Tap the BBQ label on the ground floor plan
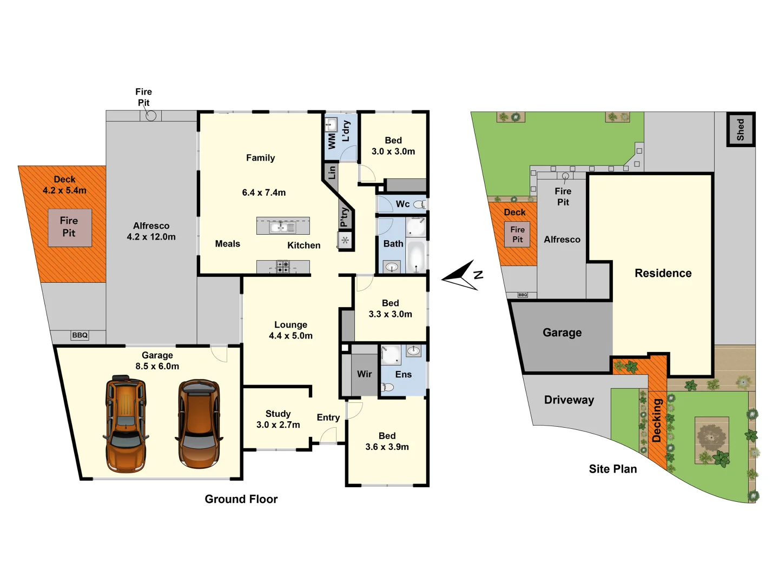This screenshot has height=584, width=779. tap(80, 335)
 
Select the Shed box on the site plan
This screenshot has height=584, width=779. tap(740, 130)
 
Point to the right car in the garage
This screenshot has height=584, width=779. tap(199, 423)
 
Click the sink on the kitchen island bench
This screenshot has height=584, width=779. tap(282, 227)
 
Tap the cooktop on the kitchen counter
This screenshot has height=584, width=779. tap(283, 267)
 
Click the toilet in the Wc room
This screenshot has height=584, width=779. tap(419, 204)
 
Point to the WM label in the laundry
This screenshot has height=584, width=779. tap(332, 141)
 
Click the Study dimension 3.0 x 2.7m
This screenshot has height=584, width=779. tap(278, 425)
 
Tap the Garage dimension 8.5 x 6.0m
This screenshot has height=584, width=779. tap(157, 366)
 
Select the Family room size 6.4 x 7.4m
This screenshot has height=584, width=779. tap(264, 193)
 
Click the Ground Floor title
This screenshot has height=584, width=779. tap(241, 499)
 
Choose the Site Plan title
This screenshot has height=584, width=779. tap(612, 469)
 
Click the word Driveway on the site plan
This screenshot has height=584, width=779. tap(569, 400)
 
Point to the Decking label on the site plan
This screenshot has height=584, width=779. tap(657, 421)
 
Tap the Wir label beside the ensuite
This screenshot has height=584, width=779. tap(364, 374)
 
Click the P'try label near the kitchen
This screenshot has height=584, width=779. tap(344, 217)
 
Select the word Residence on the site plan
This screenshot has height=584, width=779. tap(663, 273)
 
